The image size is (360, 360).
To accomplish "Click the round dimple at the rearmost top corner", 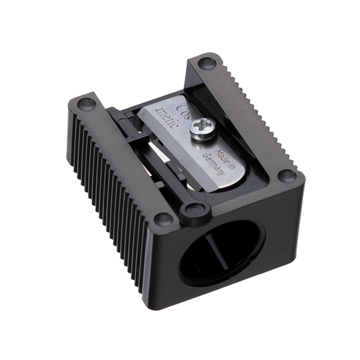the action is (x=206, y=63).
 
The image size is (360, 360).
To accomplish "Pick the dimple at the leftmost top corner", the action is (x=86, y=104).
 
